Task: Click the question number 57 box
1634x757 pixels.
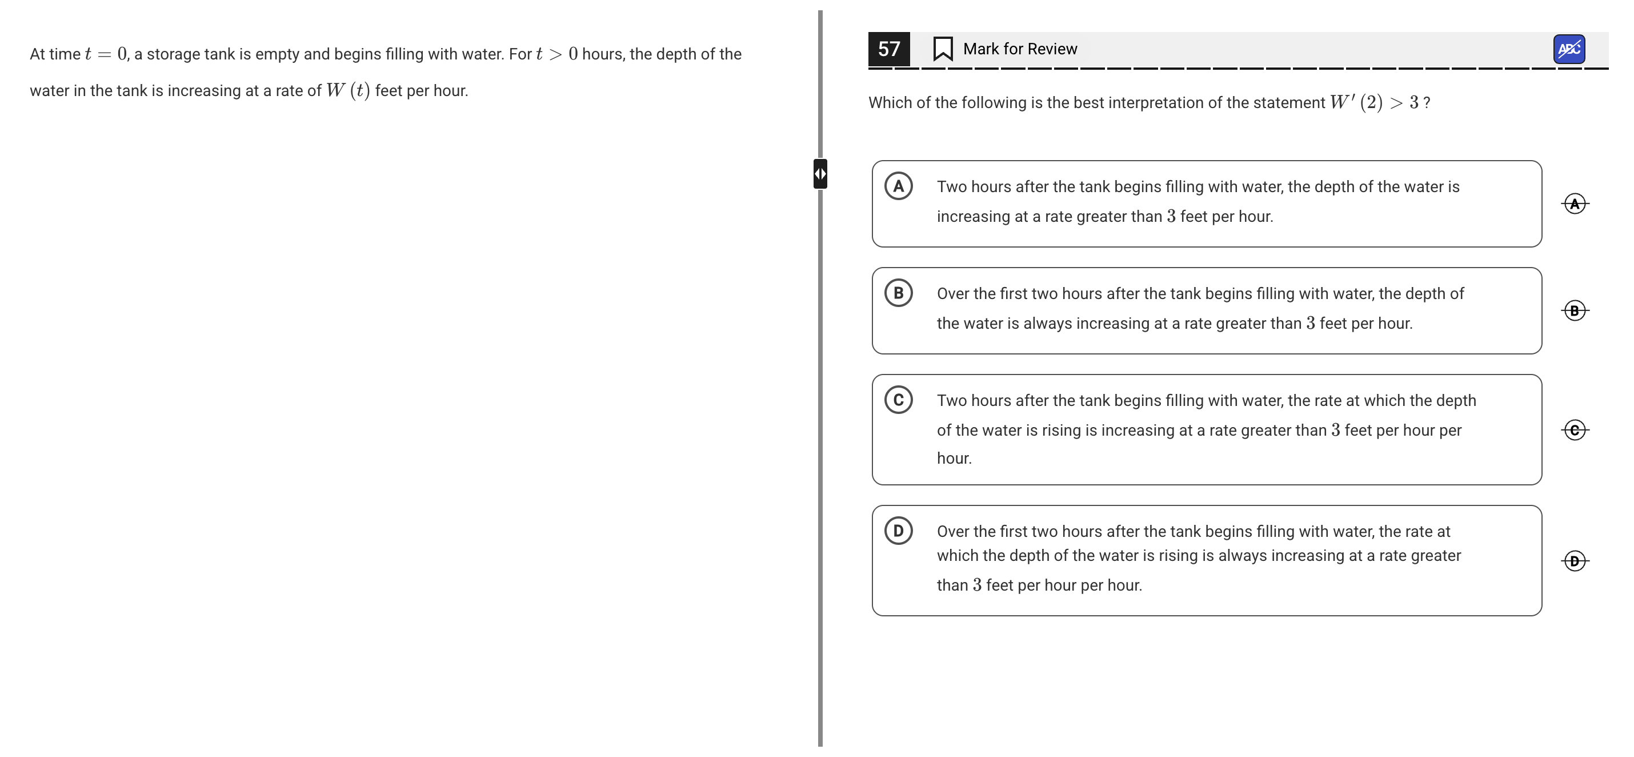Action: pos(888,49)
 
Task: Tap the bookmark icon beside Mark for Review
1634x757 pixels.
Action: pos(943,49)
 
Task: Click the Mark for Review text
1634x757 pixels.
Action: pos(1020,49)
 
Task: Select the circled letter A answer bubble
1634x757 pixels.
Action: pos(898,186)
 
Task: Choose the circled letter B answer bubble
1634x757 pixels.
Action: pos(898,293)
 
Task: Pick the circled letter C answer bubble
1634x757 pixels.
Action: pos(898,400)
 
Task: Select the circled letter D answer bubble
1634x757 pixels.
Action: pos(898,531)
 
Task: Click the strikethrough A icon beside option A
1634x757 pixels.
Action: pos(1575,204)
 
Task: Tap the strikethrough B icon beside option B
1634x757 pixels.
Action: pos(1575,310)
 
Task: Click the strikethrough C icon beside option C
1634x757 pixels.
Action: pos(1575,429)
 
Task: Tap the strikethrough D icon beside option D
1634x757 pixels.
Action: pos(1575,561)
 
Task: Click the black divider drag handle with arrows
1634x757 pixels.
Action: pos(820,174)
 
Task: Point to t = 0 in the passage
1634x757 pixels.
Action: pos(106,54)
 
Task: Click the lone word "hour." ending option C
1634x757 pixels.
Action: pos(954,458)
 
